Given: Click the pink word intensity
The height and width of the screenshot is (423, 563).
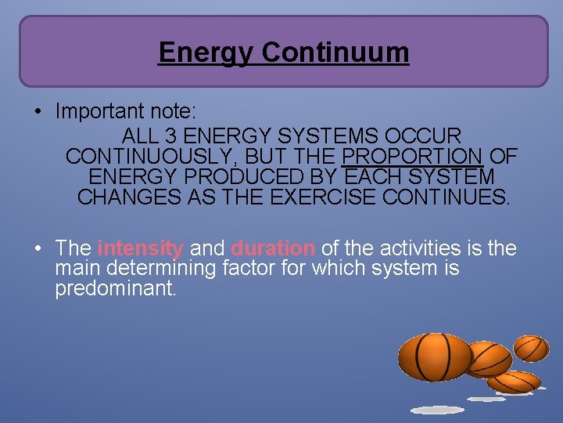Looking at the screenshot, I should click(141, 248).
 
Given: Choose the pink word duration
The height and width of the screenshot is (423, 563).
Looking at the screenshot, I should click(273, 248).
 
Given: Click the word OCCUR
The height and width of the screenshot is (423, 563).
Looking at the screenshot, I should click(424, 136).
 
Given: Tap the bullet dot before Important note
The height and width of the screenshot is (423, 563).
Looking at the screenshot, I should click(38, 112).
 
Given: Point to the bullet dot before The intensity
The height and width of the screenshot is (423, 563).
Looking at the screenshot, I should click(38, 249).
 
